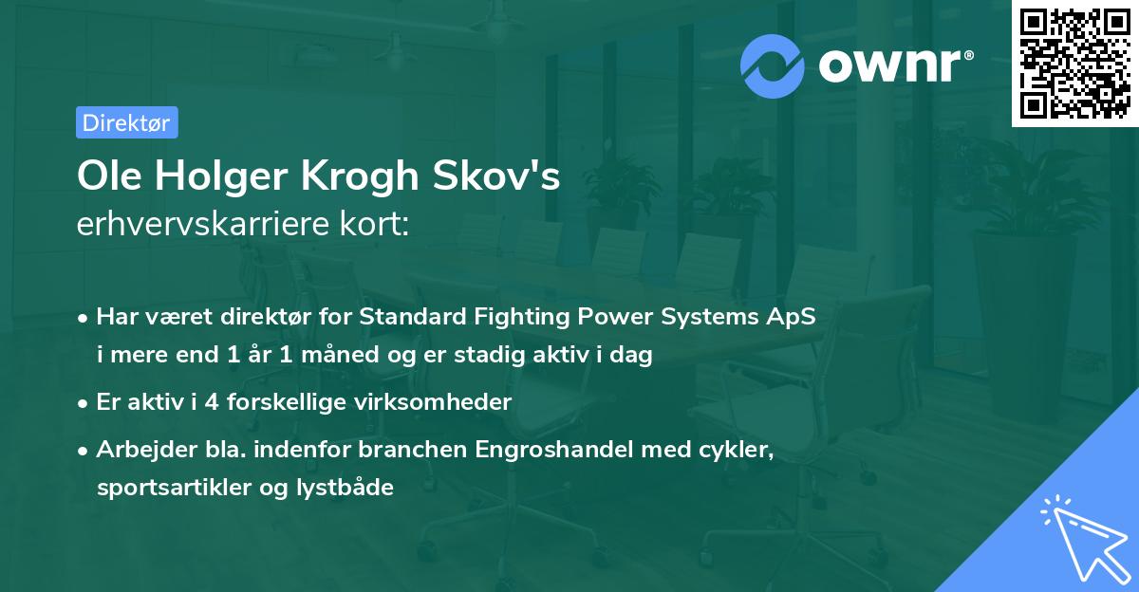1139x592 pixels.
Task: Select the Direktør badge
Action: [x=126, y=122]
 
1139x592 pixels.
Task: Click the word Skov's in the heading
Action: [x=508, y=176]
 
